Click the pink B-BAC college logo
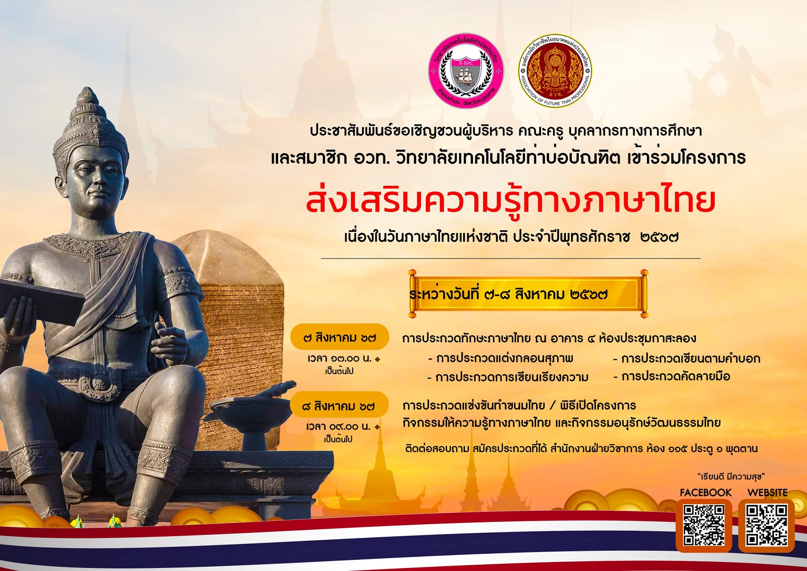[x=466, y=71]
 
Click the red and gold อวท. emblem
[x=555, y=71]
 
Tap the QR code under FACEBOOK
[x=704, y=525]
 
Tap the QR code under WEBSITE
[x=766, y=525]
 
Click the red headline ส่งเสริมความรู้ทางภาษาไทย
[x=511, y=201]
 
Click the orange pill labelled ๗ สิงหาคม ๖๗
[x=340, y=338]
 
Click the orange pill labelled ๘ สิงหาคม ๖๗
[x=339, y=405]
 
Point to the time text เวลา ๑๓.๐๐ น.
[x=340, y=359]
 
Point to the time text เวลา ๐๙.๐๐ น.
[x=339, y=427]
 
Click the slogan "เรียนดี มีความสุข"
[x=731, y=476]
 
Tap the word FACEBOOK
[x=705, y=493]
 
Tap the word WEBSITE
[x=767, y=493]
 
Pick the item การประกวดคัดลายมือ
[x=672, y=377]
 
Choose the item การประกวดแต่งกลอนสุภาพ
[x=500, y=358]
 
